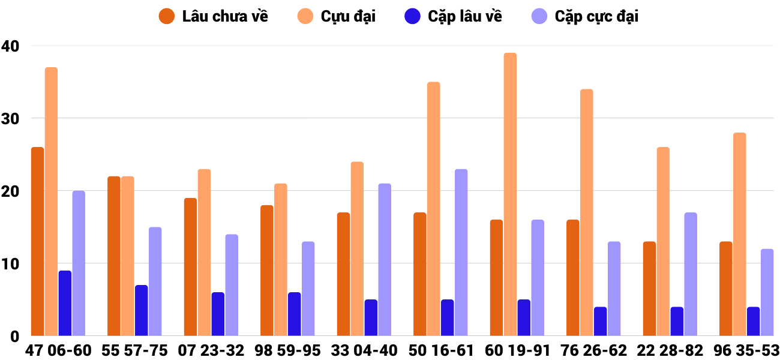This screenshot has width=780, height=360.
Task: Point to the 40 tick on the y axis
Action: click(10, 46)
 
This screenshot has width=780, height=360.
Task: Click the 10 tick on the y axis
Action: click(10, 264)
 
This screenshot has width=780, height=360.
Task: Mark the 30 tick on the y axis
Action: click(10, 119)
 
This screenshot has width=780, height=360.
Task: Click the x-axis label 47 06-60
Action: click(58, 350)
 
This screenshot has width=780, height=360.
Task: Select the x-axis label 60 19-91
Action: click(517, 350)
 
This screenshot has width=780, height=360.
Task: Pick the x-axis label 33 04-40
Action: click(364, 350)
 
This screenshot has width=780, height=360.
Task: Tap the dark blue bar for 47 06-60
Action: click(65, 303)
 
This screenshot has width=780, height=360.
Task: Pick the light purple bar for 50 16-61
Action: click(461, 252)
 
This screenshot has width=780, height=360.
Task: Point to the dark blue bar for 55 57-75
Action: click(141, 310)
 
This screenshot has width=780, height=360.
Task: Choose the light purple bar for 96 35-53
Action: click(767, 292)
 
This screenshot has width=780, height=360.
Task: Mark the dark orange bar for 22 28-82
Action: click(649, 289)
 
